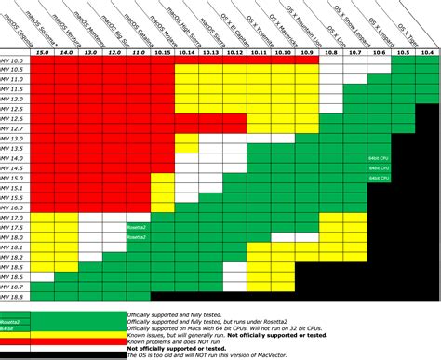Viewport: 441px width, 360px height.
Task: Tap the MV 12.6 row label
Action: (14, 120)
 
